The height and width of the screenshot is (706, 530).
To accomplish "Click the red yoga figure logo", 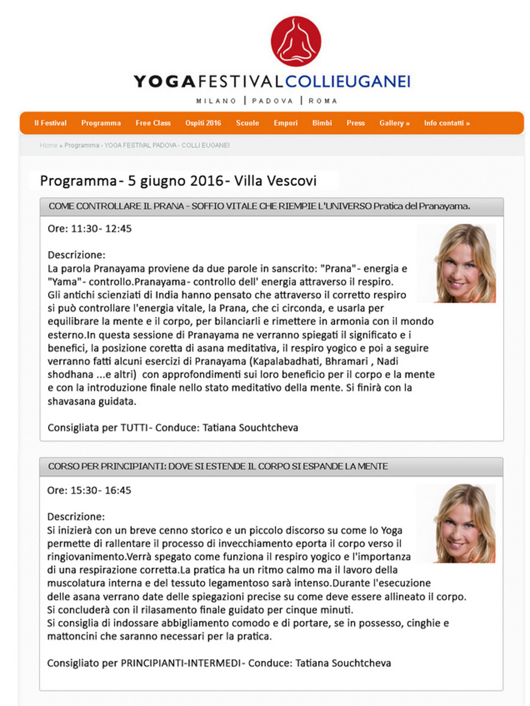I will coord(296,42).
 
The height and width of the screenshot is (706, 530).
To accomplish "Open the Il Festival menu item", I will coord(51,123).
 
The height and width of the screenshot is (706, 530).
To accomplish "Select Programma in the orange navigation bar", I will coord(101,123).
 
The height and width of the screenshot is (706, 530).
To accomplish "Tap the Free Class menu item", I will coord(153,123).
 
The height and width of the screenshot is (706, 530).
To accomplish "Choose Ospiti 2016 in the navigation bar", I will coord(203,123).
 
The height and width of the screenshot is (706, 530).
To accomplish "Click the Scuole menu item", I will coord(247,123).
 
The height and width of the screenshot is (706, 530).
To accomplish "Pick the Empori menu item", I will coord(286,123).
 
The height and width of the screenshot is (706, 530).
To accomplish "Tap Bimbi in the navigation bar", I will coord(322,123).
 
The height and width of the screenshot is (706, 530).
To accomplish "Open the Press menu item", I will coord(356,123).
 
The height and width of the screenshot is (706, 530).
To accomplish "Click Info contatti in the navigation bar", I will coord(447,123).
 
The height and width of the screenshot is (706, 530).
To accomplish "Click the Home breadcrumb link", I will coord(48,145).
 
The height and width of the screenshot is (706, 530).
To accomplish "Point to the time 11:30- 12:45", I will coord(101,229).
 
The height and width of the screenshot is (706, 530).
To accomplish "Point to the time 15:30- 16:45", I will coord(101,491).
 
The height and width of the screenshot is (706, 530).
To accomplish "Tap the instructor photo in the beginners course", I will coord(457,524).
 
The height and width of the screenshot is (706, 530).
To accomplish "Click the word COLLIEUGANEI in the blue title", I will coord(347,82).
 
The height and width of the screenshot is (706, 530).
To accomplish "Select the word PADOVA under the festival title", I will coord(272,101).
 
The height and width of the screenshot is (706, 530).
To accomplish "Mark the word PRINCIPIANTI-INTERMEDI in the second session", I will coord(181,663).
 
